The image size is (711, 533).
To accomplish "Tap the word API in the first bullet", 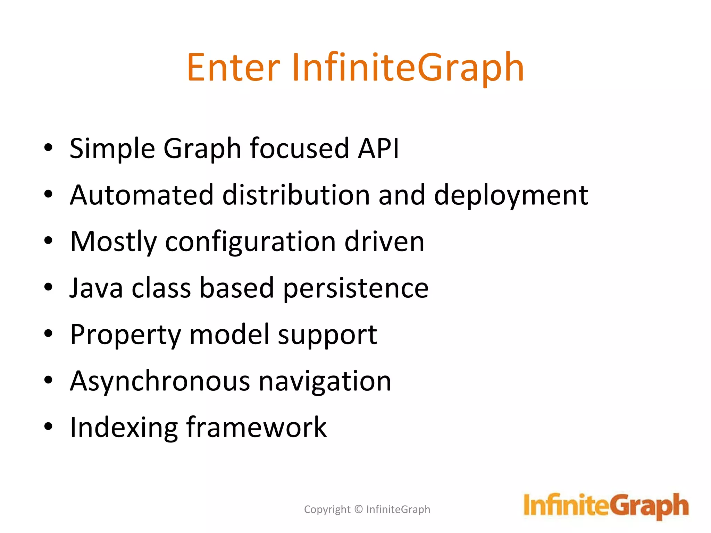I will [x=378, y=149].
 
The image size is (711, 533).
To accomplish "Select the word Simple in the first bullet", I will [x=112, y=149].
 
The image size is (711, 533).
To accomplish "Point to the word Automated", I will [x=142, y=195].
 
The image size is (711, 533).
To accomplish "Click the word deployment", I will [x=511, y=196].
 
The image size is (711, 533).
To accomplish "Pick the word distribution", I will [x=296, y=195].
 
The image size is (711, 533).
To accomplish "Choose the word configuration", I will [x=250, y=242].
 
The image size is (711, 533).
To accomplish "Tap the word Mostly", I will [x=114, y=242].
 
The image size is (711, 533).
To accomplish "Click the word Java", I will [x=96, y=288].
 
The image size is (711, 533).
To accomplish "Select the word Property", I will [x=125, y=335].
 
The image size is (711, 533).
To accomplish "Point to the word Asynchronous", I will [x=160, y=381].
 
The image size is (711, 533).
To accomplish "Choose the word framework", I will [x=257, y=427].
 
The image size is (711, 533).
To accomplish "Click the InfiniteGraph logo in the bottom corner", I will [x=606, y=506].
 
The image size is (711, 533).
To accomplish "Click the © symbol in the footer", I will [x=359, y=509].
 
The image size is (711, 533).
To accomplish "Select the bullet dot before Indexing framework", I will [x=48, y=426].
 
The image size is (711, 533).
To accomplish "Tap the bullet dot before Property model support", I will [x=48, y=333].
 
